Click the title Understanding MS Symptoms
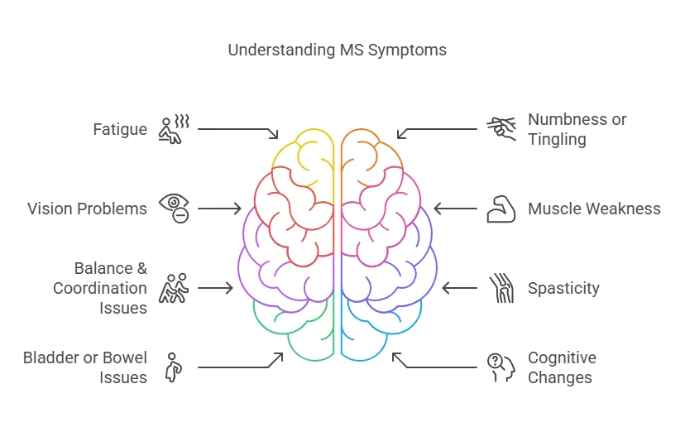tap(337, 50)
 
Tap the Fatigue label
tap(120, 130)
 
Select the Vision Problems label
tap(87, 209)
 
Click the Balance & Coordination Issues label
tap(100, 288)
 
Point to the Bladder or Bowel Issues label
tap(85, 367)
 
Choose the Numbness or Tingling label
tap(577, 129)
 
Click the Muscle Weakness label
tap(594, 209)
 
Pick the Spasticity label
tap(563, 288)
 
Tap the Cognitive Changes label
tap(562, 367)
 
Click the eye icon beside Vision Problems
tap(175, 208)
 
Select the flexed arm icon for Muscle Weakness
tap(501, 209)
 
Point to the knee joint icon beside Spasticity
tap(501, 288)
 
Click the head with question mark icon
tap(500, 367)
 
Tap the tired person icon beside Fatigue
tap(175, 129)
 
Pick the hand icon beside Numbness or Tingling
tap(501, 128)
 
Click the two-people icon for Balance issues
tap(175, 288)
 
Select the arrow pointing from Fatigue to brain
tap(238, 131)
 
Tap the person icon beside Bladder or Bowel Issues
tap(174, 367)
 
